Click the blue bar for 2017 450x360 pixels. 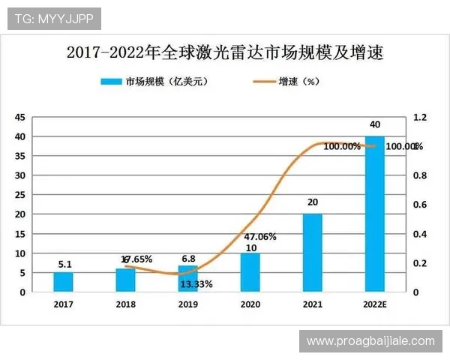pos(64,281)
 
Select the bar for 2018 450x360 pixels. pos(126,280)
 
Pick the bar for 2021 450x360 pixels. pos(312,253)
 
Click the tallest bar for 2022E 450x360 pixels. pos(374,214)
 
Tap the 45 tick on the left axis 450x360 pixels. pos(20,117)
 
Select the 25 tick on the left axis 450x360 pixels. pos(20,195)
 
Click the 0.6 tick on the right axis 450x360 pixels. pos(419,205)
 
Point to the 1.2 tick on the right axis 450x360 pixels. pos(419,117)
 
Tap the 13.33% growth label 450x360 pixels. pos(196,284)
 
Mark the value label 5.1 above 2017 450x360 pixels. pos(64,264)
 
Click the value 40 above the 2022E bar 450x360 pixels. pos(374,124)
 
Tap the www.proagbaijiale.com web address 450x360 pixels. pos(370,340)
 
